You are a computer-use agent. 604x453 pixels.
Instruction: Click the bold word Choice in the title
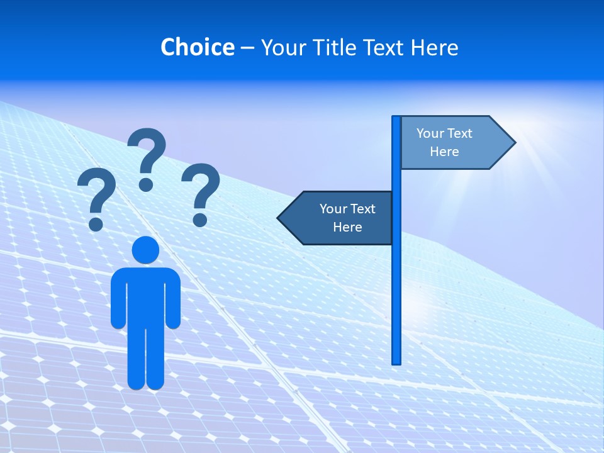(197, 47)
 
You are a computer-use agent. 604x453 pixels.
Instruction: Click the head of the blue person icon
(145, 250)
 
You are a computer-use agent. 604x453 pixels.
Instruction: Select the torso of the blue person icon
(145, 296)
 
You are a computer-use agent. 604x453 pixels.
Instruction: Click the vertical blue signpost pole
(396, 283)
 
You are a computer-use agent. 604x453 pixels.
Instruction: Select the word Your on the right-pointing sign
(430, 133)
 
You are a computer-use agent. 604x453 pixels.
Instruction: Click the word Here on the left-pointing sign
(347, 227)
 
